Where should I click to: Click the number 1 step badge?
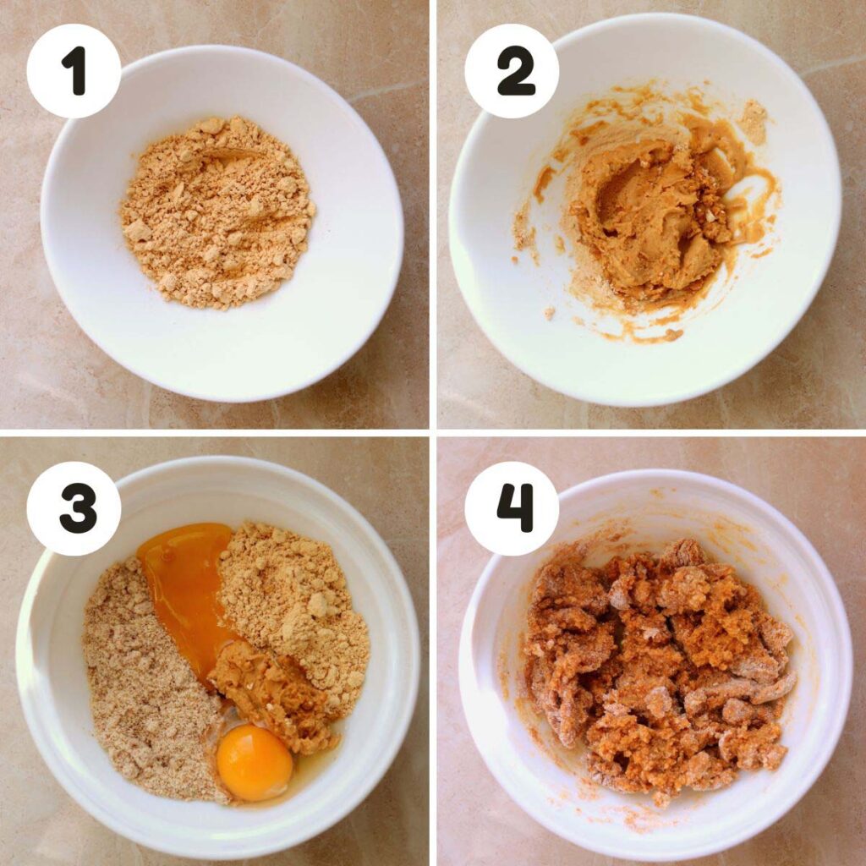(74, 71)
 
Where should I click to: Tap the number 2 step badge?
(512, 71)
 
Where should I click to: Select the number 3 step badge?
(74, 508)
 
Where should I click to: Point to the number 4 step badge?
(512, 508)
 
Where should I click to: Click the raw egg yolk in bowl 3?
(254, 762)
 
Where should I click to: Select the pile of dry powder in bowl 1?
(217, 212)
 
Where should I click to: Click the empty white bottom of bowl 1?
(221, 348)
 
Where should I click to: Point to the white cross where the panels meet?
(433, 433)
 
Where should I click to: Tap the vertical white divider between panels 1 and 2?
(433, 214)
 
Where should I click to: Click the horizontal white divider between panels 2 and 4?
(652, 433)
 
